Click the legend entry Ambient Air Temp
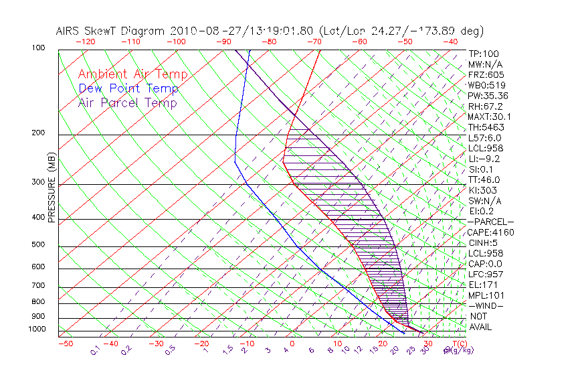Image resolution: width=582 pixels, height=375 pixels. pos(132,74)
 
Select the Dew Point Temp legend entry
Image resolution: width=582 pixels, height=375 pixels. pos(128,88)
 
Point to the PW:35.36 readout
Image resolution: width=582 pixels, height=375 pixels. pos(488,96)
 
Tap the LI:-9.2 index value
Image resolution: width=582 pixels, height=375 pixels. pos(484,159)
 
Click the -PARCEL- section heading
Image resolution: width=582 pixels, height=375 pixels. pos(490,222)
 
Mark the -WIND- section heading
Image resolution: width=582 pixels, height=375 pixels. pos(486,305)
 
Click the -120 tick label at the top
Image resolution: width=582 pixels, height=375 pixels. pos(85,42)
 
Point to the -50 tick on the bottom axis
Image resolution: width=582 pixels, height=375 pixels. pos(65,344)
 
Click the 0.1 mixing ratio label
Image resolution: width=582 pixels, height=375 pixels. pos(96,350)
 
